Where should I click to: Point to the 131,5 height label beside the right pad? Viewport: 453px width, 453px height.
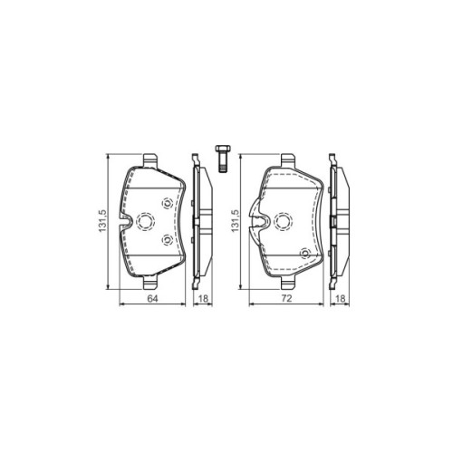pyautogui.click(x=237, y=221)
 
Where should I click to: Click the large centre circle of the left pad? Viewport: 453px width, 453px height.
pyautogui.click(x=145, y=220)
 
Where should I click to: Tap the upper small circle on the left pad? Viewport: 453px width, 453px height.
pyautogui.click(x=167, y=203)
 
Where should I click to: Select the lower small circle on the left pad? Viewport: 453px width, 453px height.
pyautogui.click(x=167, y=239)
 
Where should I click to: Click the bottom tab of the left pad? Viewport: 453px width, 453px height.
pyautogui.click(x=150, y=280)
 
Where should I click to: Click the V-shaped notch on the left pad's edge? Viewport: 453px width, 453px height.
pyautogui.click(x=130, y=220)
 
